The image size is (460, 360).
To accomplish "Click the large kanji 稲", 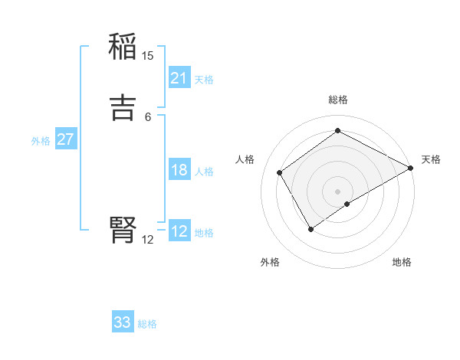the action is pyautogui.click(x=123, y=48).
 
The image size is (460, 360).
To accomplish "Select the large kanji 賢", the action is pyautogui.click(x=123, y=229).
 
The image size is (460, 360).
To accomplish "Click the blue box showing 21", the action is pyautogui.click(x=179, y=78).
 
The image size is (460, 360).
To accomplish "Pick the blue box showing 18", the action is pyautogui.click(x=179, y=170).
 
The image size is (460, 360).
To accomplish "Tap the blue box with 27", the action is pyautogui.click(x=65, y=140).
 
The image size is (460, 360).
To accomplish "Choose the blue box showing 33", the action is pyautogui.click(x=123, y=322).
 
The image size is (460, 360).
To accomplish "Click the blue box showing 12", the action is pyautogui.click(x=179, y=231).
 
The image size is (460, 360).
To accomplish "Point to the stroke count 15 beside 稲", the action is pyautogui.click(x=148, y=55).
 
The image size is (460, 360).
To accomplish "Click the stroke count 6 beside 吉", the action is pyautogui.click(x=148, y=116).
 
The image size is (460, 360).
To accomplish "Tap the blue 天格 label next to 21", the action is pyautogui.click(x=204, y=80).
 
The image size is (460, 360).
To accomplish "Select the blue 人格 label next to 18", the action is pyautogui.click(x=204, y=172).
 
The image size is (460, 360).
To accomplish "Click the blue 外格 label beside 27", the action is pyautogui.click(x=41, y=141).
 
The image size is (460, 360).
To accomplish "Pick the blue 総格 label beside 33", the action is pyautogui.click(x=147, y=324).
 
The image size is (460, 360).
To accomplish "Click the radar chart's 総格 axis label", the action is pyautogui.click(x=338, y=100).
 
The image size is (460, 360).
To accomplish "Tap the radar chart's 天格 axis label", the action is pyautogui.click(x=431, y=159).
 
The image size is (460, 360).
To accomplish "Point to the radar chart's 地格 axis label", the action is pyautogui.click(x=402, y=262).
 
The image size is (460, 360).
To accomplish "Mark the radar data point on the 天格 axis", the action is pyautogui.click(x=411, y=168).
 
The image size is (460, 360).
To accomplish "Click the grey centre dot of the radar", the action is pyautogui.click(x=338, y=191).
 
